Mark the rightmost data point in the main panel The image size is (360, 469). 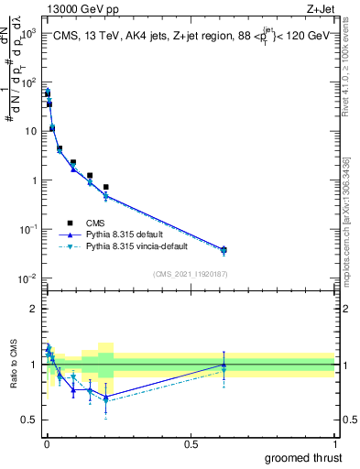tap(224, 249)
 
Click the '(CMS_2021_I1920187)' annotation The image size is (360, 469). tap(190, 274)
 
